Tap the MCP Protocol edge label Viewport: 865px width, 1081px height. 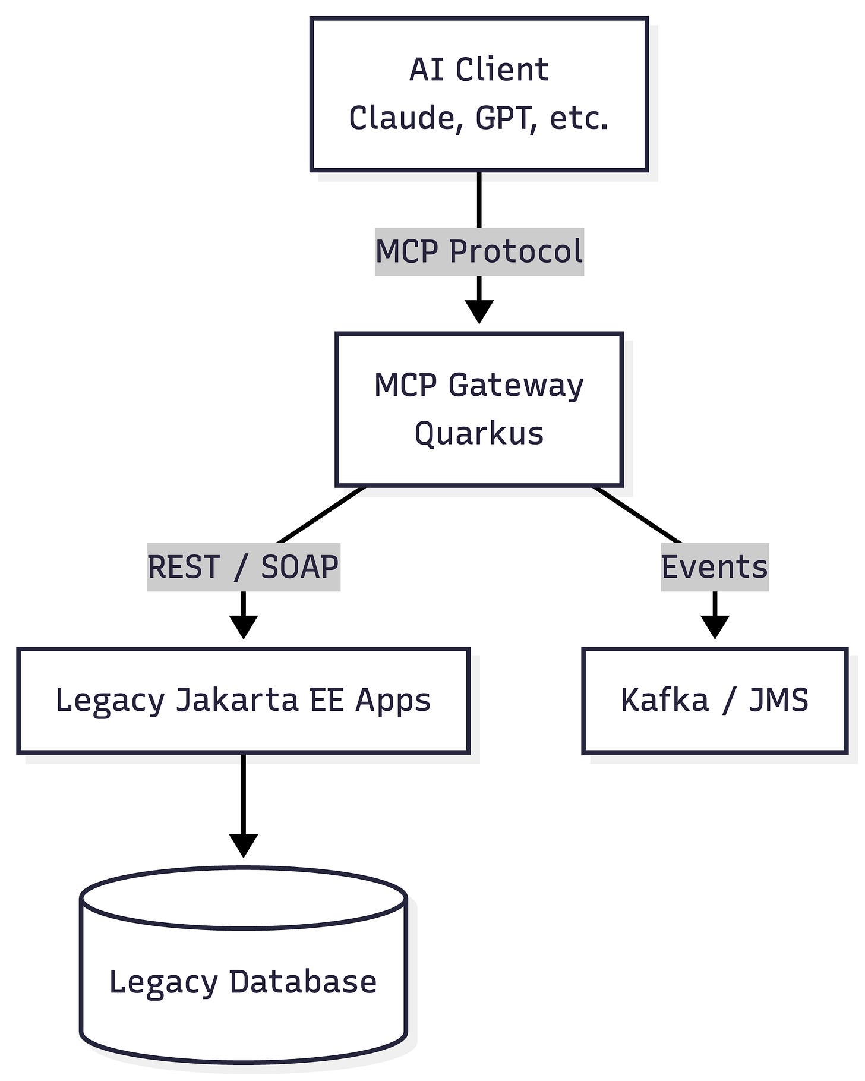(x=479, y=251)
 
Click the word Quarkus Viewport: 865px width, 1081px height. (x=479, y=433)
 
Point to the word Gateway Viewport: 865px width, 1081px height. (x=516, y=385)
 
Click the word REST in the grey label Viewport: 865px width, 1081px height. (x=184, y=567)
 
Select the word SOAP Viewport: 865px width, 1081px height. (x=299, y=567)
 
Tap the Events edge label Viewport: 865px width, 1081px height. (x=715, y=567)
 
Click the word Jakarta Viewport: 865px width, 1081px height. (x=236, y=700)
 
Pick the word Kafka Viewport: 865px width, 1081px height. (x=665, y=700)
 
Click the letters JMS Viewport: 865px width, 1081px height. (x=778, y=700)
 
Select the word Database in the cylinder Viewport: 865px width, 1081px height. (x=303, y=982)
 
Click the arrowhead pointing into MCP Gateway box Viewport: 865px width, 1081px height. (x=479, y=311)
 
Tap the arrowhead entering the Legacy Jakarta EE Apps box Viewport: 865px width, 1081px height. (x=244, y=626)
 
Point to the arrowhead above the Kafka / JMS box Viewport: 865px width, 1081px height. (x=715, y=626)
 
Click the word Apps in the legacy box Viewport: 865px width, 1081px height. (x=393, y=700)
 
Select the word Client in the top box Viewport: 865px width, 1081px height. (x=502, y=70)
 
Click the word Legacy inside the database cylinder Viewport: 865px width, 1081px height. (x=163, y=982)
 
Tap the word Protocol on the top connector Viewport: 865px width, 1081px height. (x=516, y=251)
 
